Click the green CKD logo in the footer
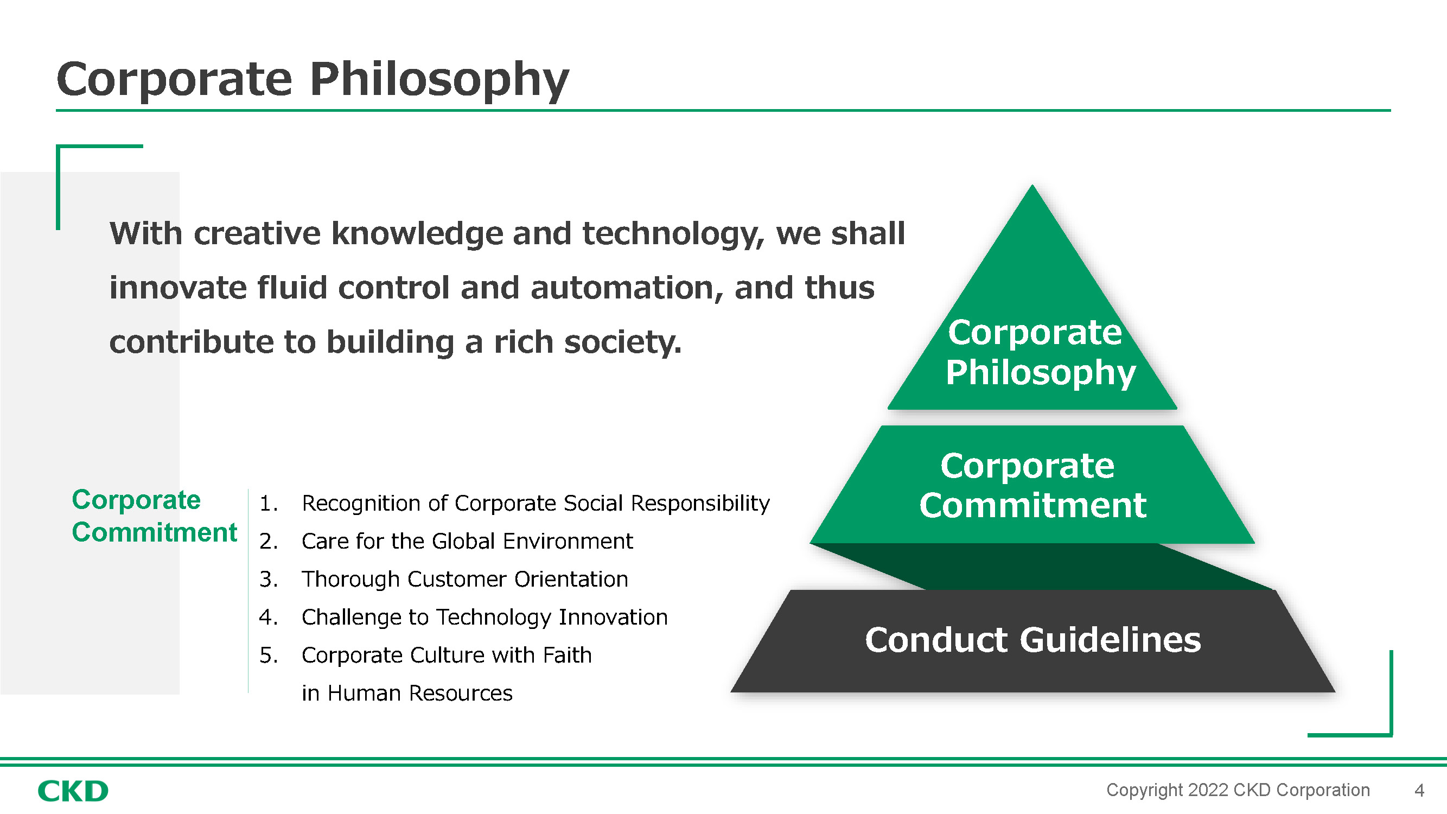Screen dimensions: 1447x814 73,791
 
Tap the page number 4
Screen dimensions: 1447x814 1419,791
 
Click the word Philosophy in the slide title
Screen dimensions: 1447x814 439,80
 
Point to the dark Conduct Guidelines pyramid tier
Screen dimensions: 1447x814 1032,640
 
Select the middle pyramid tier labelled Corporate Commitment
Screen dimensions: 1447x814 1032,485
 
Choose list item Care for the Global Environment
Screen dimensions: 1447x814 467,541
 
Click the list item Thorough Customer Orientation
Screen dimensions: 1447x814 464,579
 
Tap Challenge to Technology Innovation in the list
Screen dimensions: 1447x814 484,618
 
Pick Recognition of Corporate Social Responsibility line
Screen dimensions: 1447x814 536,504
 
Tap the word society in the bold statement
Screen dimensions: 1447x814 622,342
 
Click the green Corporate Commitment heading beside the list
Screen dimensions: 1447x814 154,516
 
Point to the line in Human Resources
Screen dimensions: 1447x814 407,693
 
